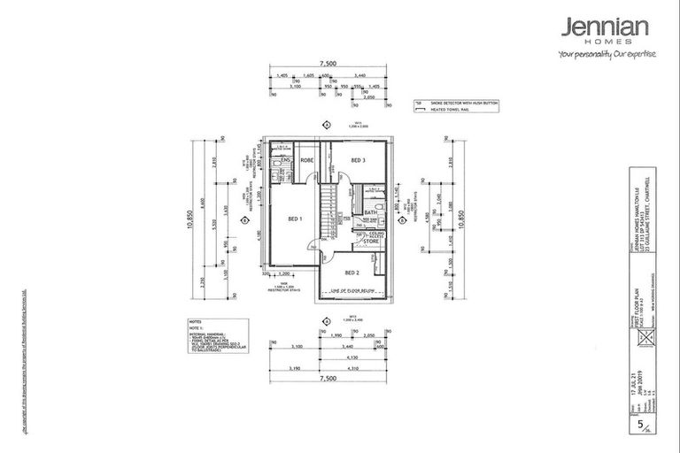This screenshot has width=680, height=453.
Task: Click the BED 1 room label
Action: (296, 218)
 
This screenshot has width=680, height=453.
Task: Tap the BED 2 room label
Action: (350, 272)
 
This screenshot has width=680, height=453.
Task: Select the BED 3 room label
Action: (359, 160)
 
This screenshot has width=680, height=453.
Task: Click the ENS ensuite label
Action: (286, 160)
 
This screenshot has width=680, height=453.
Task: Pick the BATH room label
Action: (370, 212)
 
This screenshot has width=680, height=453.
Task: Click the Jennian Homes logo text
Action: (606, 30)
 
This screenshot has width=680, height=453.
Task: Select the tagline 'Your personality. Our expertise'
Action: (607, 54)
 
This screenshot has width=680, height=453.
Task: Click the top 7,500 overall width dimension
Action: (328, 64)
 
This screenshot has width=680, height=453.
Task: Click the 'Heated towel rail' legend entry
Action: (452, 111)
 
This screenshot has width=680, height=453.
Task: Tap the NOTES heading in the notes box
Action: (196, 322)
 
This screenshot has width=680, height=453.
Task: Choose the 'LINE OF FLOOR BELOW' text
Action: (352, 290)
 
